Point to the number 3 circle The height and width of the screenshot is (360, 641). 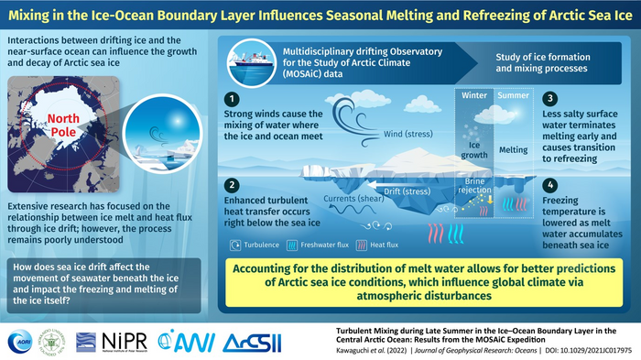click(550, 98)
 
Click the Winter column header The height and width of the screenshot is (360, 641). click(473, 95)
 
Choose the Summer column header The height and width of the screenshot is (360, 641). click(509, 95)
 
